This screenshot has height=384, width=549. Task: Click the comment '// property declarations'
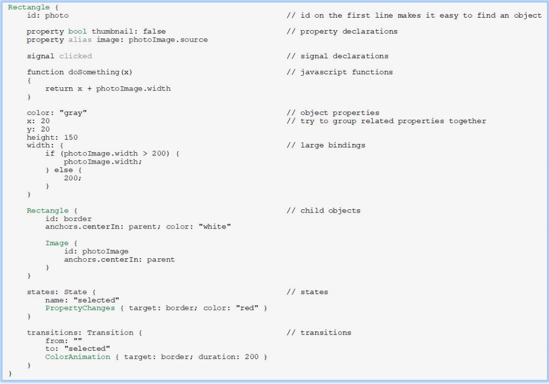[342, 32]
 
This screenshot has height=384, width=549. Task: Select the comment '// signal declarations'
[337, 56]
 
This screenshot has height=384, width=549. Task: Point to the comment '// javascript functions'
[340, 72]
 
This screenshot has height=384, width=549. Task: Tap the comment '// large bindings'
[326, 145]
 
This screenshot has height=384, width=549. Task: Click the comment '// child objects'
[323, 210]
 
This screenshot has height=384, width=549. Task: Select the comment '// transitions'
[318, 333]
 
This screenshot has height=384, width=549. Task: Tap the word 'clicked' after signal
[75, 56]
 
